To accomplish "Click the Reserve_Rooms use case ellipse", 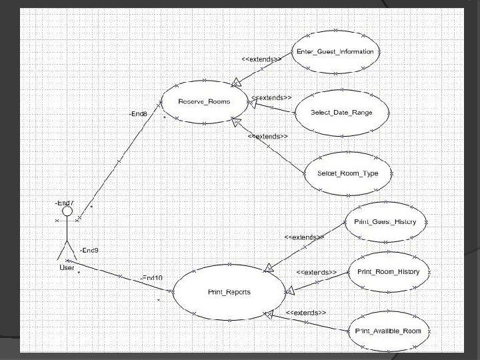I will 204,101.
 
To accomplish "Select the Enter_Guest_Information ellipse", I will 336,51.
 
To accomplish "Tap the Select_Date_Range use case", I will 341,112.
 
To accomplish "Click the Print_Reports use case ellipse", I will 229,293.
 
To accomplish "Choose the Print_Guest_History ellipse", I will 385,222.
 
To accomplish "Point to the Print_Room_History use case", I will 388,272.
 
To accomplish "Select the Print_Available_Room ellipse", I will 388,331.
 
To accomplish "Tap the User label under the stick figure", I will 67,268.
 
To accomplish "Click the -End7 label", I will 64,202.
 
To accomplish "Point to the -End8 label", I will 138,114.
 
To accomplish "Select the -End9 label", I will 89,251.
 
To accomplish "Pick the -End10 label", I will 151,277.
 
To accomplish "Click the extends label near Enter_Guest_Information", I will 261,59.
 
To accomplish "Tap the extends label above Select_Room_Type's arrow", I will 268,137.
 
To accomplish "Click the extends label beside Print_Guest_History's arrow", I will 304,237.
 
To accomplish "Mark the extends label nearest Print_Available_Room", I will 305,313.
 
